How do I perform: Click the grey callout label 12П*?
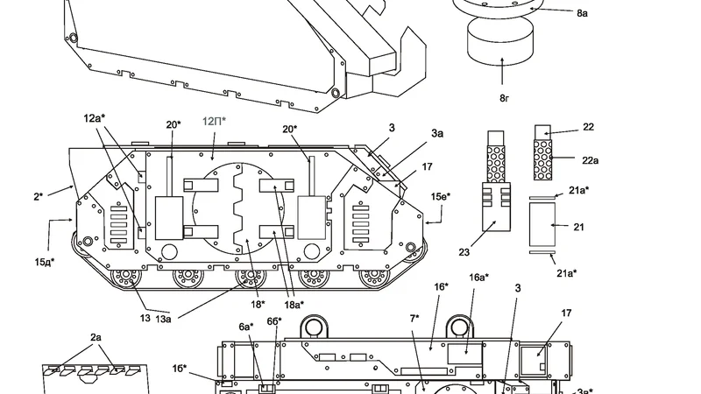coord(214,121)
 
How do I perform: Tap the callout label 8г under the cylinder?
coord(504,98)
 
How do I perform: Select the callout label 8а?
coord(582,13)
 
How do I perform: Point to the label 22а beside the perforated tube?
coord(590,160)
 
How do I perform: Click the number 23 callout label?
coord(464,252)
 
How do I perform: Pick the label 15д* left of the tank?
coord(45,262)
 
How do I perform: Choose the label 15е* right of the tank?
coord(441,196)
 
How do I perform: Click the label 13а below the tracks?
coord(163,319)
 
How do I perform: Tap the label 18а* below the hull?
coord(294,305)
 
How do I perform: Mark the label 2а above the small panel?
coord(96,338)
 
